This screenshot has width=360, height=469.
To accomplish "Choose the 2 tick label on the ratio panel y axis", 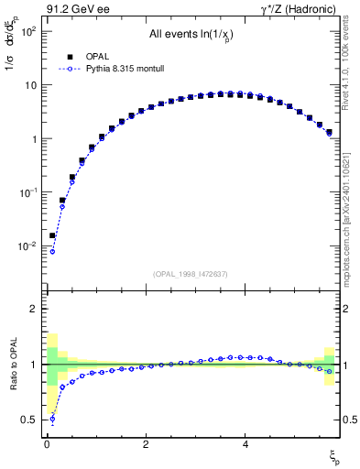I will click(32, 309).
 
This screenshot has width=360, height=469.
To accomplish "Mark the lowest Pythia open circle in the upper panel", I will click(52, 251).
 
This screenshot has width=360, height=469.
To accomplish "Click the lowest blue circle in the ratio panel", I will click(52, 420).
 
